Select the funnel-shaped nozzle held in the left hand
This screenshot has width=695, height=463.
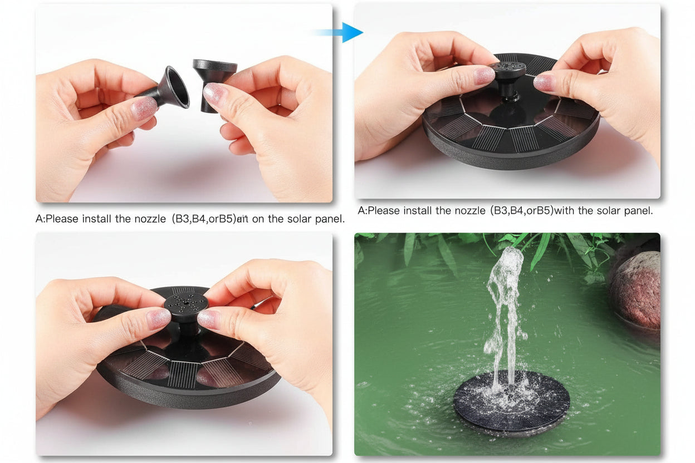click(170, 89)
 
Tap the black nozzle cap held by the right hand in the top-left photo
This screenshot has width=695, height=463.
click(214, 78)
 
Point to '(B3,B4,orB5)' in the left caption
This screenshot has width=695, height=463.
click(202, 219)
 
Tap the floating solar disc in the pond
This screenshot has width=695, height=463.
click(511, 403)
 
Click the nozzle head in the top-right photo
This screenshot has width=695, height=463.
click(508, 70)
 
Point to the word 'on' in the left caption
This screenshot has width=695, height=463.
click(258, 219)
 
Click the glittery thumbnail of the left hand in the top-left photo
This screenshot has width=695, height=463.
click(144, 108)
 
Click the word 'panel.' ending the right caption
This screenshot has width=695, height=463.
click(637, 211)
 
